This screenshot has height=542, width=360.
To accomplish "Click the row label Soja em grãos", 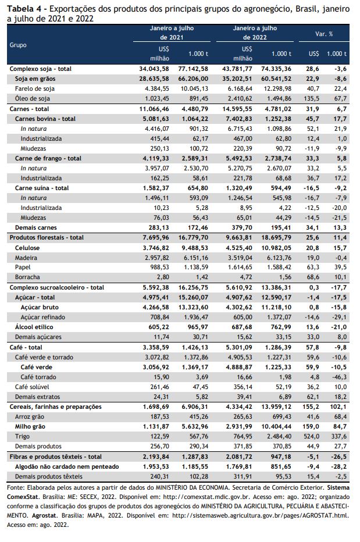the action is (35, 79).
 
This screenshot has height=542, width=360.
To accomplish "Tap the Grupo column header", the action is (18, 45).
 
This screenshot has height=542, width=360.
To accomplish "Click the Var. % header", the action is (324, 34).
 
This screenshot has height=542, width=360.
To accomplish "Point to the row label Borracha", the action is (27, 277).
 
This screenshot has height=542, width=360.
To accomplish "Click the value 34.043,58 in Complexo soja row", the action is (154, 69).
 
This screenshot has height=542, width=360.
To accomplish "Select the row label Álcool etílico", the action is (34, 327).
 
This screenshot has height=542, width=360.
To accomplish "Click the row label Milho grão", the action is (30, 426).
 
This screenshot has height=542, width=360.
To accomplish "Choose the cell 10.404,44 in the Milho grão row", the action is (276, 426).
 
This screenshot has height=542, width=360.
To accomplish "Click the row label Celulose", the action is (27, 248).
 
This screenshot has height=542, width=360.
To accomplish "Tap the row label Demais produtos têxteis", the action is (49, 477).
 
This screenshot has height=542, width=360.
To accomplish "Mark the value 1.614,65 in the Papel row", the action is (239, 267).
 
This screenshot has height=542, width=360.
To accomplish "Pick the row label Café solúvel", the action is (32, 387).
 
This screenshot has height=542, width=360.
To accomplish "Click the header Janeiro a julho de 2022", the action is (255, 33).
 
